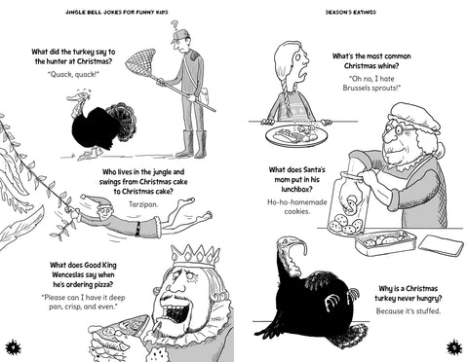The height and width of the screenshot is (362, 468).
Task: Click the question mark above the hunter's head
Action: pyautogui.click(x=175, y=25)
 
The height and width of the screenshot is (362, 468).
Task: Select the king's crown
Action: pyautogui.click(x=196, y=256)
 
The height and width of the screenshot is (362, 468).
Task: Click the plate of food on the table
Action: pyautogui.click(x=295, y=134)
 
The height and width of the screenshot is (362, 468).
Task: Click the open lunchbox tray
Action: pyautogui.click(x=385, y=242)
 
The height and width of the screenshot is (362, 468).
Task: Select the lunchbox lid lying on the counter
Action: pyautogui.click(x=441, y=245)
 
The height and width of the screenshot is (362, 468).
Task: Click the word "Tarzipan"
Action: pyautogui.click(x=143, y=204)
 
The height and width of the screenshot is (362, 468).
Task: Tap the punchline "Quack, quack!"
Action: pyautogui.click(x=73, y=74)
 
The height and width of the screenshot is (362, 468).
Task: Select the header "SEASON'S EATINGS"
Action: pyautogui.click(x=351, y=13)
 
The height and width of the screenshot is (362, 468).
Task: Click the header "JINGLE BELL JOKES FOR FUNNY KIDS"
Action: pyautogui.click(x=117, y=13)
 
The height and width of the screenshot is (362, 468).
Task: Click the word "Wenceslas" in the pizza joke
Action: pyautogui.click(x=68, y=274)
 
